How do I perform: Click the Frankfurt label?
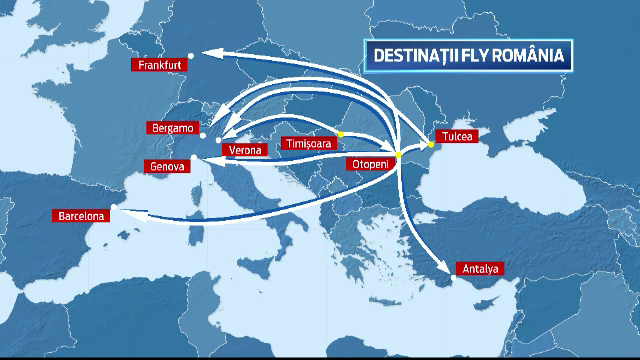[x=161, y=65]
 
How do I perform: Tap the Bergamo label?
[x=169, y=128]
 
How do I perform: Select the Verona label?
[x=245, y=150]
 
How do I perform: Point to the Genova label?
[x=166, y=166]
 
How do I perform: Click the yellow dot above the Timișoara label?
[x=340, y=134]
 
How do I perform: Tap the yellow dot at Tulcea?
[x=431, y=144]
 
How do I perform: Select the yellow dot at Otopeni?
[x=398, y=155]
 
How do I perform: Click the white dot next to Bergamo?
[x=201, y=134]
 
